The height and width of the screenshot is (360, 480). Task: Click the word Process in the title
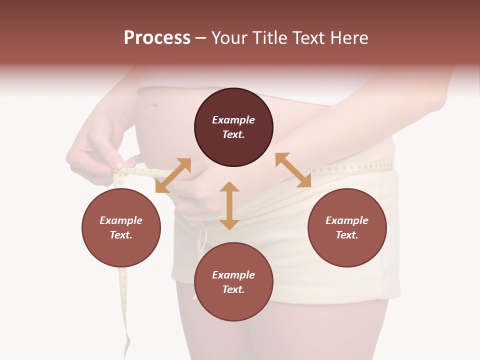coord(157,38)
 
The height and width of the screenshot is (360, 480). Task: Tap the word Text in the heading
coord(309,38)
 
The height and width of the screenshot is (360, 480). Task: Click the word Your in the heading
coord(229,38)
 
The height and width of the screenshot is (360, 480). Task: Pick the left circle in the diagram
coord(121,227)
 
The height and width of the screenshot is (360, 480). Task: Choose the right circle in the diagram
coord(347,227)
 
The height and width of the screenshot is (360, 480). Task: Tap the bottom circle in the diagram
coord(233,282)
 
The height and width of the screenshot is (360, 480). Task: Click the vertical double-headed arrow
coord(229,205)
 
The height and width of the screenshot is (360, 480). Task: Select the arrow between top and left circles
coord(173,175)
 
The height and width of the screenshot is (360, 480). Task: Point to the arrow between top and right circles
coord(293,170)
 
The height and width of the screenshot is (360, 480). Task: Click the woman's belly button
coord(154,106)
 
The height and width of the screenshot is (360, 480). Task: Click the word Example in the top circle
coord(233,120)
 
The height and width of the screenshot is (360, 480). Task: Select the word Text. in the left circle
coord(121,235)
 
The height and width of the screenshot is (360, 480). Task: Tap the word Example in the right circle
coord(347,220)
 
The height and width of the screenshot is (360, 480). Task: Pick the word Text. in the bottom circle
coord(233,289)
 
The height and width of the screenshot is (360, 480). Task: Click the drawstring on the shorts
coord(202,245)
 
